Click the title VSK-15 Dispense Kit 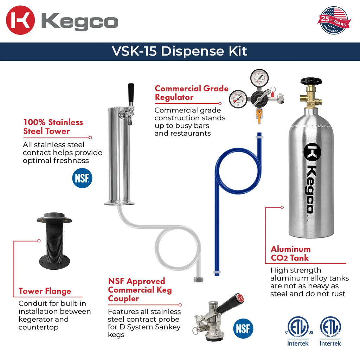click(180, 51)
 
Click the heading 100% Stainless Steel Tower click(53, 127)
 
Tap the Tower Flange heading click(45, 291)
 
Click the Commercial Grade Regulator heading click(192, 93)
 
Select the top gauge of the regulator click(259, 78)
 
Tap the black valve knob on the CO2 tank click(311, 82)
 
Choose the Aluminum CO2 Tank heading click(290, 253)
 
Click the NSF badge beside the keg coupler click(243, 329)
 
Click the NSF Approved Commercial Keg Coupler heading click(140, 290)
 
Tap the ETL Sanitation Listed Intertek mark click(330, 330)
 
